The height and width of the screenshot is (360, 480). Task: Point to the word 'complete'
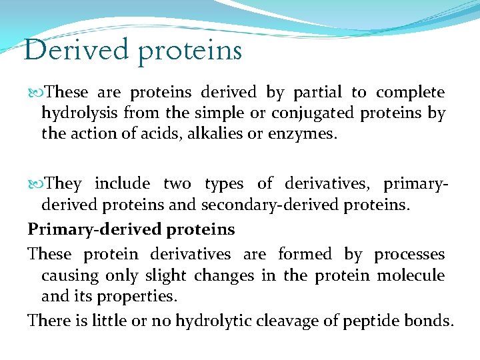click(410, 93)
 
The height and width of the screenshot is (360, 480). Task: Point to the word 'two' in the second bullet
click(177, 183)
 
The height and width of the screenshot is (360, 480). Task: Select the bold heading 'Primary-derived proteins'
click(131, 229)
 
